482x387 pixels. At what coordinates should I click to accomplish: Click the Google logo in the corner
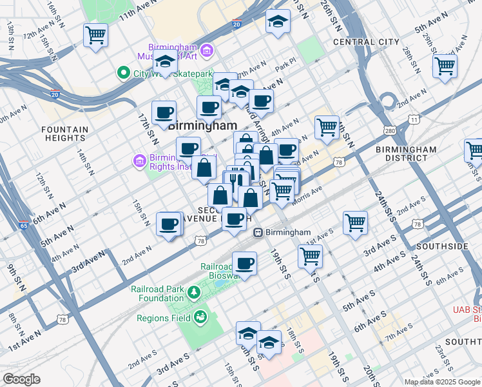(21, 379)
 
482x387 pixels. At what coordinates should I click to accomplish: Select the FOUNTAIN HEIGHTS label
(64, 134)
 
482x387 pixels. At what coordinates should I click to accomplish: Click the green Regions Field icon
(201, 317)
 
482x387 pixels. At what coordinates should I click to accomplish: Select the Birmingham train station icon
(258, 232)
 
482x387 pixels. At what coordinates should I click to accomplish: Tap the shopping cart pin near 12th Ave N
(96, 35)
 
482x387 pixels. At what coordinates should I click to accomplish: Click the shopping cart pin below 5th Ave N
(445, 65)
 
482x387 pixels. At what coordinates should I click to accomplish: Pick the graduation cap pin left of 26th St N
(278, 21)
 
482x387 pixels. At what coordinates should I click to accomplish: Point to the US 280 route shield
(390, 131)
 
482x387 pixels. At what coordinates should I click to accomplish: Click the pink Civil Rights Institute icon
(138, 159)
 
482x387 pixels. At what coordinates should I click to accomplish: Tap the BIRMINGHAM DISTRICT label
(406, 154)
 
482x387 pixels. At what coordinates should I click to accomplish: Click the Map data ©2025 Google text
(441, 382)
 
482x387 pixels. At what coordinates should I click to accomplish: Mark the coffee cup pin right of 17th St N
(164, 112)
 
